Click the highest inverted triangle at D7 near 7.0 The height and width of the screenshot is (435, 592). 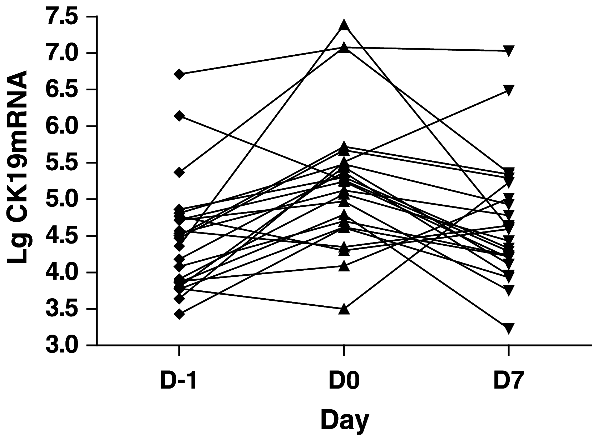click(x=509, y=50)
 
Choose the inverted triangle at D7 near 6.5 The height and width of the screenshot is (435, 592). click(x=509, y=90)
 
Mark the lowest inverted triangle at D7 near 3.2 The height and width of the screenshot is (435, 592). click(x=509, y=328)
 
